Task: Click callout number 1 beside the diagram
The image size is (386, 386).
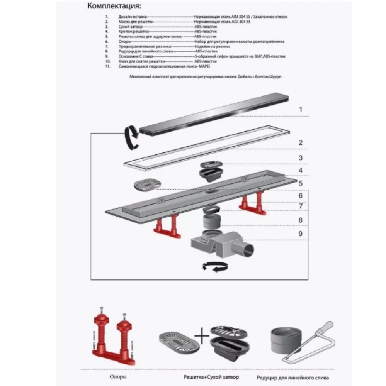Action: click(301, 109)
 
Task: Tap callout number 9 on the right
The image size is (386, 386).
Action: click(301, 234)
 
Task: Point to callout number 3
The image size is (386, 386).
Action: click(301, 157)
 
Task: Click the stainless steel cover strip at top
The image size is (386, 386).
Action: click(216, 114)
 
